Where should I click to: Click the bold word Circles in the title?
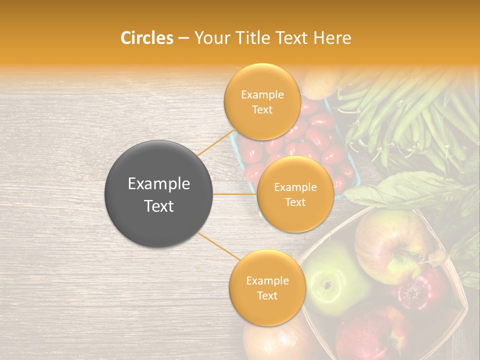point(147,38)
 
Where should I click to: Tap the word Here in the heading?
point(332,38)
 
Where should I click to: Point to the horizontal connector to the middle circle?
point(235,194)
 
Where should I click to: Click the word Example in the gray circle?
point(159,184)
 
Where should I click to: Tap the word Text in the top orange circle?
point(262,110)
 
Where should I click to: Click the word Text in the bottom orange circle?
point(267,295)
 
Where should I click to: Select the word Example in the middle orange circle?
point(295,187)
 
